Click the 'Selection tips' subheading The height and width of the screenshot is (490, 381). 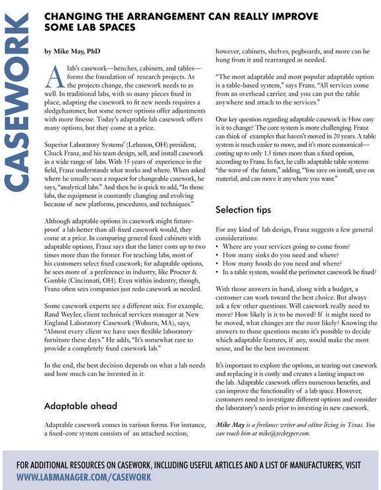pyautogui.click(x=243, y=210)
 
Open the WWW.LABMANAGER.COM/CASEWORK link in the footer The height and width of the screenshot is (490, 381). pyautogui.click(x=83, y=476)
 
